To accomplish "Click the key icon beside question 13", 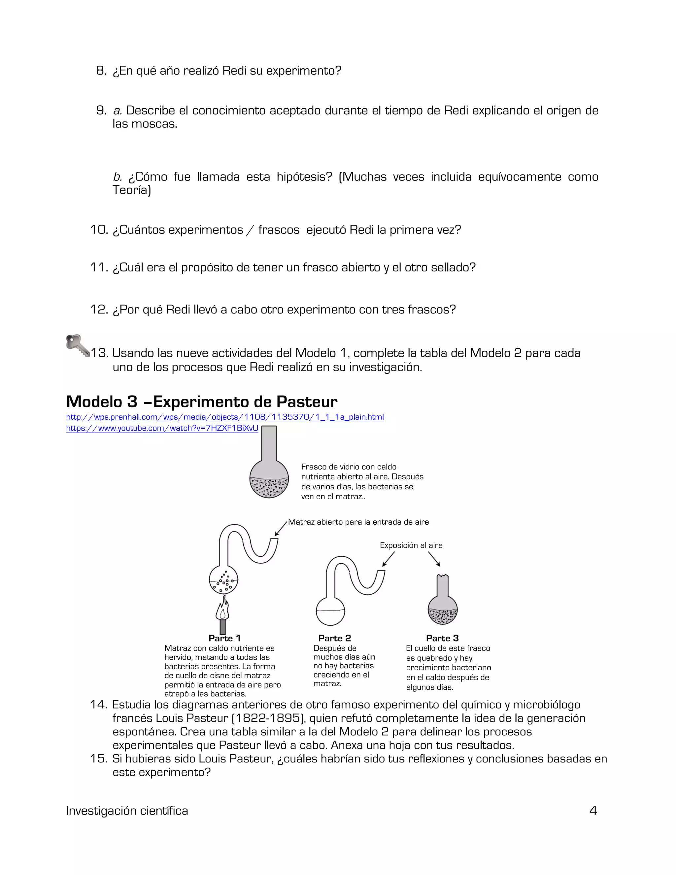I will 77,345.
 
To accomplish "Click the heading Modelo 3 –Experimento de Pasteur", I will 201,402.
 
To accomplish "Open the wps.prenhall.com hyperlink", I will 225,417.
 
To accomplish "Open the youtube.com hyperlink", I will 162,428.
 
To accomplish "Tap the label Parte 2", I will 334,638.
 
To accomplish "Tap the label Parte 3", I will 442,638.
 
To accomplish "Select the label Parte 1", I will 224,638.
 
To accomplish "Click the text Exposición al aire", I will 411,545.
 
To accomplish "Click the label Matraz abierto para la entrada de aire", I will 358,522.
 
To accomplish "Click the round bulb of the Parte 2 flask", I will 330,611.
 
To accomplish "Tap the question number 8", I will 101,71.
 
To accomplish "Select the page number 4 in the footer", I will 593,811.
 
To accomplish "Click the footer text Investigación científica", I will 127,811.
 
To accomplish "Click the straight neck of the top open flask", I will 269,443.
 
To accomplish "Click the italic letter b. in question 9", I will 117,177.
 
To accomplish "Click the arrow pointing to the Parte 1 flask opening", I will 281,528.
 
